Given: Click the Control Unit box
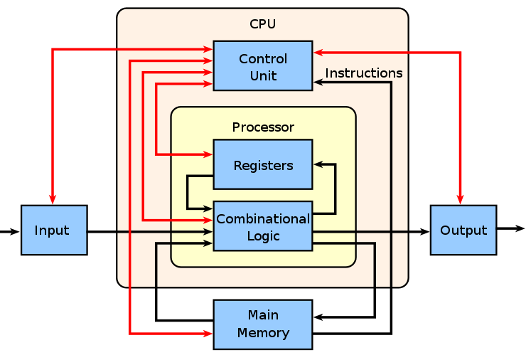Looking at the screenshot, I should coord(263,65).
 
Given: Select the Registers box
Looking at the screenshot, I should coord(263,164).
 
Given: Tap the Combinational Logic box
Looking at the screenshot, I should coord(263,226).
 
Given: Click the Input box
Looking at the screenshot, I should coord(53,231).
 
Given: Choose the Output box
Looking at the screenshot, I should coord(463,231).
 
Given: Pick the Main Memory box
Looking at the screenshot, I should coord(263,324).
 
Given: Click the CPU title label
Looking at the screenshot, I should coord(262,24).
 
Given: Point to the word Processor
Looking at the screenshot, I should coord(263,127).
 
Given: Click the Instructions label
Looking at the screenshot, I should coord(363,73).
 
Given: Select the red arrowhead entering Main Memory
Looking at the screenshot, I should coord(208,333).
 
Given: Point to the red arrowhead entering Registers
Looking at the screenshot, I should coord(208,154).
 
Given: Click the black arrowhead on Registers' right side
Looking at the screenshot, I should coord(318,164).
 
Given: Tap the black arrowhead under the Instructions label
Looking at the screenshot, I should coord(318,83).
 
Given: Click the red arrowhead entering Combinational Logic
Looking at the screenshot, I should coord(208,220).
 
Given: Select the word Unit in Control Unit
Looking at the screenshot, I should coord(263,75).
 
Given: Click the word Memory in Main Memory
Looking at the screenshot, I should coord(263,333).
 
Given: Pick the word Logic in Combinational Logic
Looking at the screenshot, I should coord(263,235).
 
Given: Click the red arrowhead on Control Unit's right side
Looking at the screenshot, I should coord(318,51).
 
